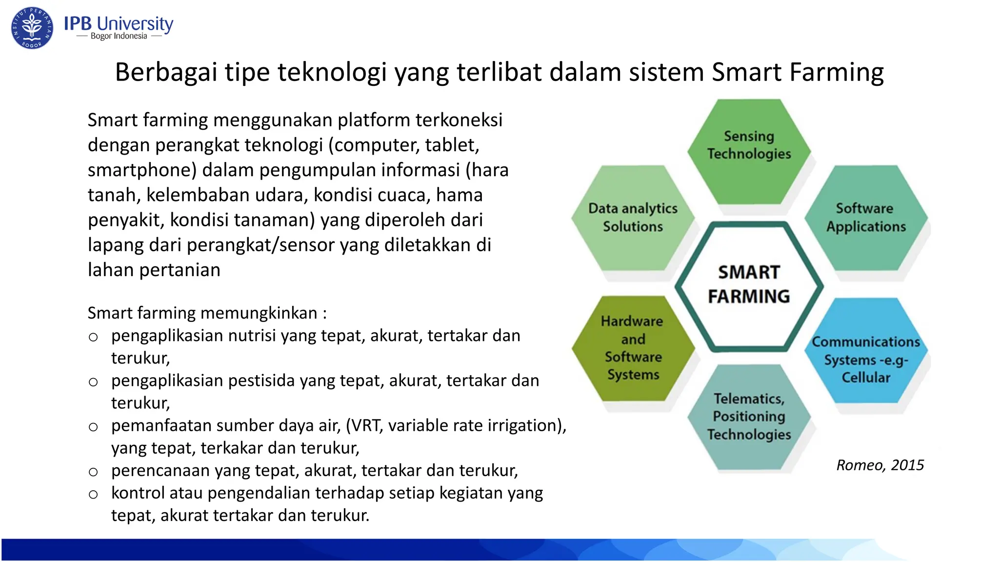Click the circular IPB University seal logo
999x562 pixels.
tap(32, 28)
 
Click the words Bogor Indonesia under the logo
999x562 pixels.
tap(119, 36)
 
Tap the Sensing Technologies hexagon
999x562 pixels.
tap(749, 151)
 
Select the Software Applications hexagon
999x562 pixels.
tap(866, 218)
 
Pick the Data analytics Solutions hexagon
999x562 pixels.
tap(633, 218)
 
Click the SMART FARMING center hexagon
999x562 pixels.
tap(749, 285)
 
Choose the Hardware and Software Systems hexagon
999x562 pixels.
tap(633, 348)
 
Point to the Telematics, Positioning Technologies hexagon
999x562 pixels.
tap(749, 417)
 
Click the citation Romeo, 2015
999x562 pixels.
tap(879, 465)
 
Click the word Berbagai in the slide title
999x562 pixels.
tap(165, 73)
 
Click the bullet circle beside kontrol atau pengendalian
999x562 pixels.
tap(93, 495)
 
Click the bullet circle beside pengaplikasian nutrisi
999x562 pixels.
tap(93, 337)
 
